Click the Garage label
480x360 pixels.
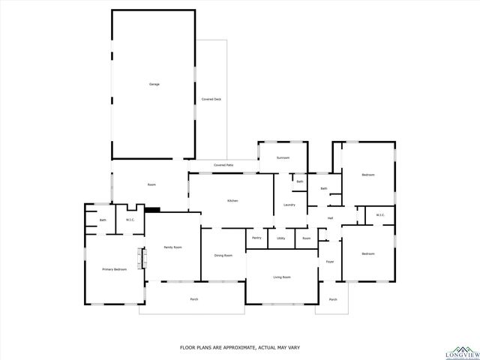154,84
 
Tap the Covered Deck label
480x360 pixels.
211,99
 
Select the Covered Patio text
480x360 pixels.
223,165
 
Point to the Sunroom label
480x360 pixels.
283,158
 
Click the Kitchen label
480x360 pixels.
232,200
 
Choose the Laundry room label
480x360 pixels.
289,205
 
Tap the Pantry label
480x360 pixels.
256,238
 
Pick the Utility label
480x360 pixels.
280,238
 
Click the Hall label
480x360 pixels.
330,218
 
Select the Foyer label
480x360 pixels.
329,262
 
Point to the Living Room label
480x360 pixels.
281,277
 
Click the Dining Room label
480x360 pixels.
223,255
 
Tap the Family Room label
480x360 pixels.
173,247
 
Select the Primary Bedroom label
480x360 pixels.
114,268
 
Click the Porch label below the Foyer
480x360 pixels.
332,299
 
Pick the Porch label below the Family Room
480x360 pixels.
193,299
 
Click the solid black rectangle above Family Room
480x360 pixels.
152,211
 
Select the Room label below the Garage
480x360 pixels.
151,184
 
